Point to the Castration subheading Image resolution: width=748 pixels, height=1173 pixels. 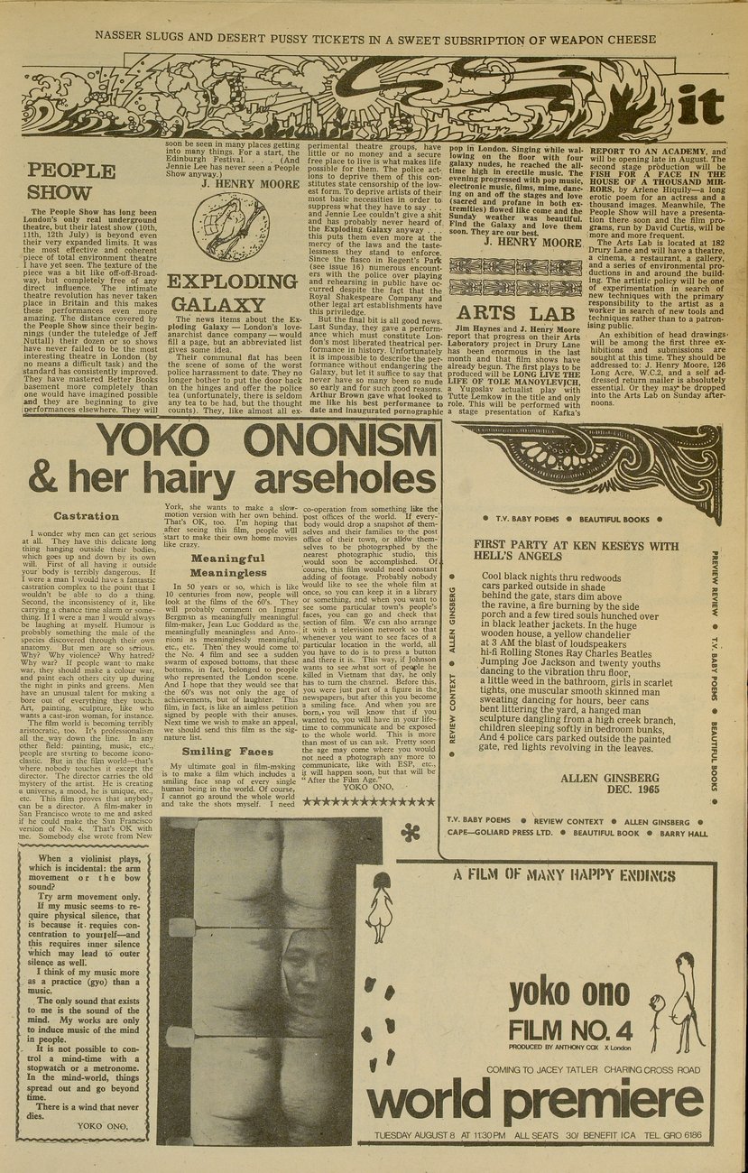tap(87, 516)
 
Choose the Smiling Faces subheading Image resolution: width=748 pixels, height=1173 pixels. tap(227, 751)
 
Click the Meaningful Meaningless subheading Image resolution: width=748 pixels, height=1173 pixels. tap(227, 565)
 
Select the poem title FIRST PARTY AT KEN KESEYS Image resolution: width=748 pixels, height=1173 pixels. tap(576, 552)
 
